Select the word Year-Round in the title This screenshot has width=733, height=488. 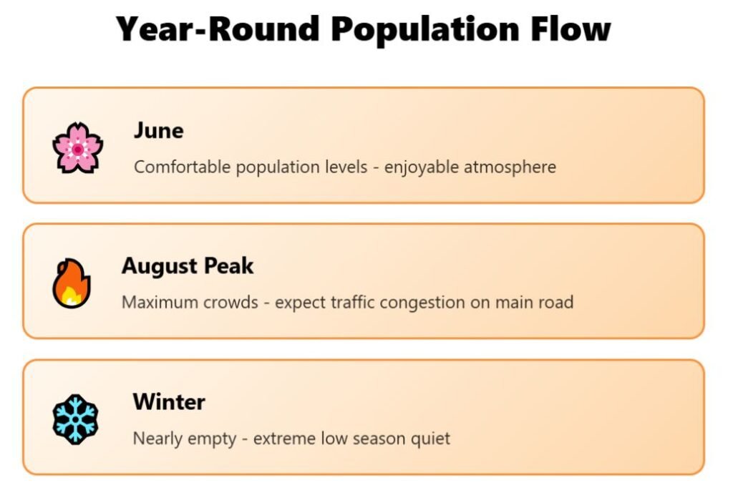218,29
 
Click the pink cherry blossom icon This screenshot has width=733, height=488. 77,147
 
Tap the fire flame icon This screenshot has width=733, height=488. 71,283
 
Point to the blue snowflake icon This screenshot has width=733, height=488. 75,419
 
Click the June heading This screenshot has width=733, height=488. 158,130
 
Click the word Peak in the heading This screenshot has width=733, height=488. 228,265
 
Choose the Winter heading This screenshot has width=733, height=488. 169,401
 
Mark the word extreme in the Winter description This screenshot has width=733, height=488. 284,439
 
